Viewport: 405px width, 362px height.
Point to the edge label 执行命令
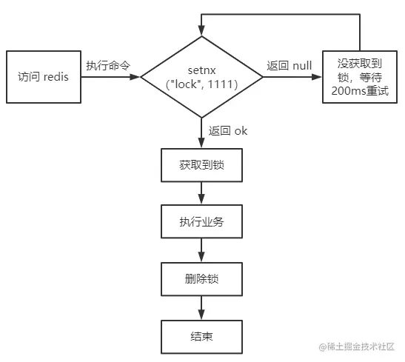click(x=108, y=66)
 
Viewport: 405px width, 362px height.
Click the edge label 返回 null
click(x=289, y=66)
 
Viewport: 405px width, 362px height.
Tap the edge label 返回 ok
click(x=228, y=131)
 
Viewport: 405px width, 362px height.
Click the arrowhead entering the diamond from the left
click(x=135, y=77)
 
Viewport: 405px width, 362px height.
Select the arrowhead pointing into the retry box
click(x=317, y=77)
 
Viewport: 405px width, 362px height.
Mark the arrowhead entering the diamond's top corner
click(x=201, y=30)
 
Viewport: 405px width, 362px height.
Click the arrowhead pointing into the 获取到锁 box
click(x=201, y=143)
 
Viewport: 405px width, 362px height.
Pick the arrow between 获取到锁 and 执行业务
click(x=201, y=193)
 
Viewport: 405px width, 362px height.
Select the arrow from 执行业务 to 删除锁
click(x=201, y=250)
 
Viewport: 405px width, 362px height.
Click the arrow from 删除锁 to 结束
click(x=201, y=308)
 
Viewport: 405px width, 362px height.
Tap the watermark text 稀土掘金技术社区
click(x=361, y=346)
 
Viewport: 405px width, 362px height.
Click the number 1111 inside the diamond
click(x=221, y=84)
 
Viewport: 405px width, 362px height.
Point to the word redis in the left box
click(x=56, y=77)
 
